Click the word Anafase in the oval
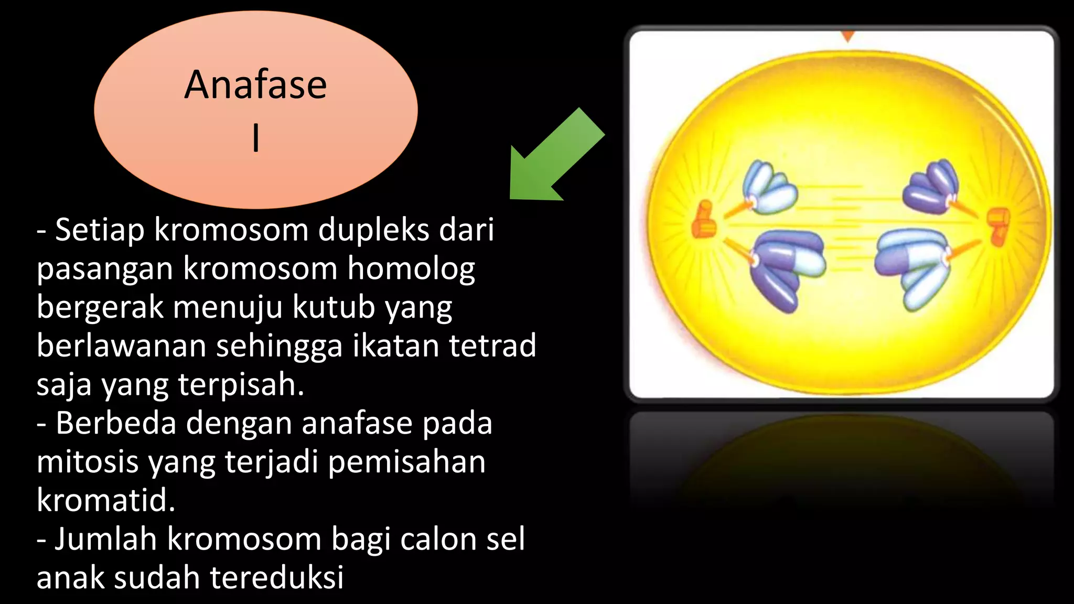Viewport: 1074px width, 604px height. (x=255, y=85)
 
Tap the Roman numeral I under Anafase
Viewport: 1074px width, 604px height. (x=256, y=138)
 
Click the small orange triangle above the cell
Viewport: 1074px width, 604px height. (x=847, y=36)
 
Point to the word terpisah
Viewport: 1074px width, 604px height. (x=241, y=385)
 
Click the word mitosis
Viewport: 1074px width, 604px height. (x=88, y=462)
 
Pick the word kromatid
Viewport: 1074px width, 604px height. (x=105, y=500)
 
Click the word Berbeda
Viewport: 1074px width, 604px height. (x=116, y=423)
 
